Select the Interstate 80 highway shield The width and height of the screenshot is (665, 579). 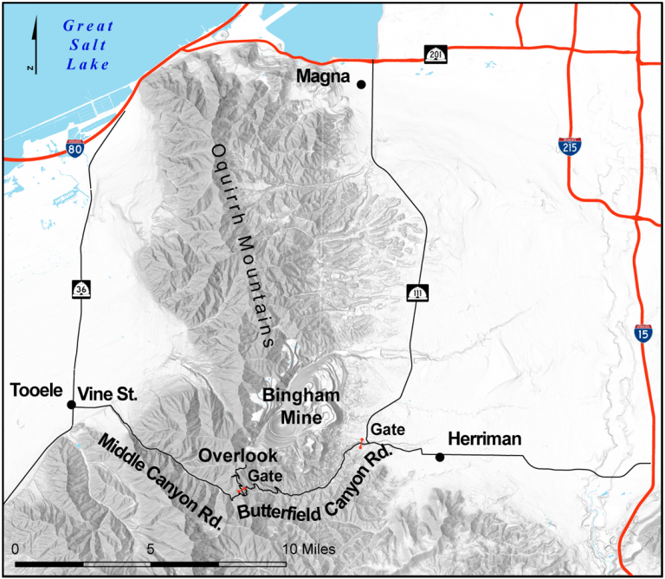[75, 149]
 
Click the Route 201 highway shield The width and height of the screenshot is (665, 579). [436, 55]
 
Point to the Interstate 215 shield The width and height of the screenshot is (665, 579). [569, 145]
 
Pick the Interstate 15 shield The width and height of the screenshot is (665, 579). [642, 332]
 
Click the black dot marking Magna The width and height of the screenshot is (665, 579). [361, 84]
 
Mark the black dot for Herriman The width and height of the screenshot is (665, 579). [440, 457]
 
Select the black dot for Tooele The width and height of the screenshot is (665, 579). [72, 405]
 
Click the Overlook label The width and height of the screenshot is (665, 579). [238, 455]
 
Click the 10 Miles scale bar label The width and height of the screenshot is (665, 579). [309, 550]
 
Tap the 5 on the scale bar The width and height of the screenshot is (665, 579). [151, 550]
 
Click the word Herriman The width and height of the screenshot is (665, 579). [484, 439]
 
